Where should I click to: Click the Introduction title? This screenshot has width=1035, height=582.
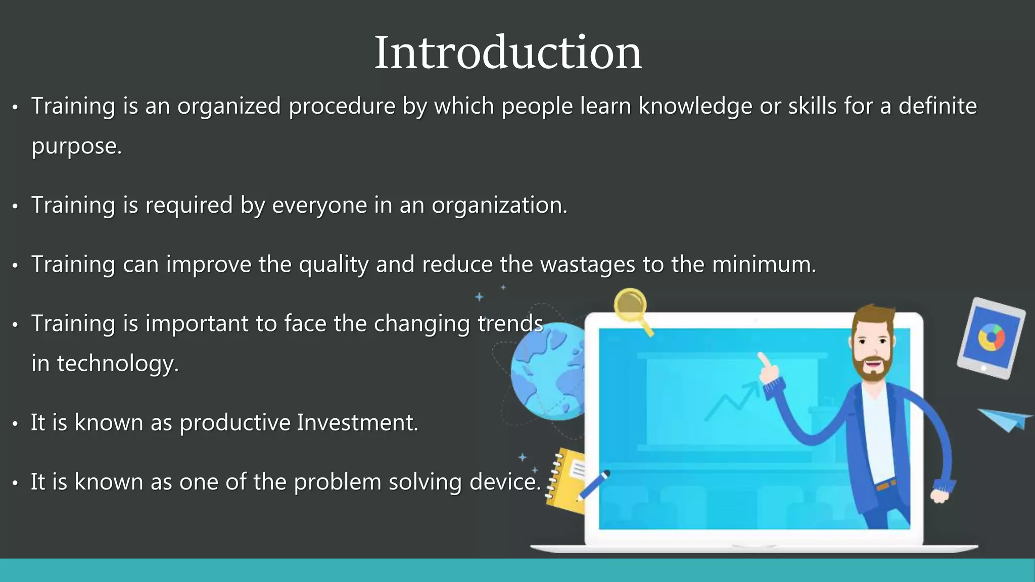[507, 53]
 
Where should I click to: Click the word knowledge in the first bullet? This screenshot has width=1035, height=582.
[695, 107]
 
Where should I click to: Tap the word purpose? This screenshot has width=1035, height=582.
[76, 147]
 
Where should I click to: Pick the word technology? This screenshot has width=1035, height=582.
[117, 364]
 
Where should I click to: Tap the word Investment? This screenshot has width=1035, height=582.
[357, 423]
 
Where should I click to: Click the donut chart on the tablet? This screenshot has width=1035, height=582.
[991, 338]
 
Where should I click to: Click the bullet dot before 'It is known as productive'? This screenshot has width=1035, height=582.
[15, 424]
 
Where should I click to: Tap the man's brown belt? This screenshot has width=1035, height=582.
[885, 486]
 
